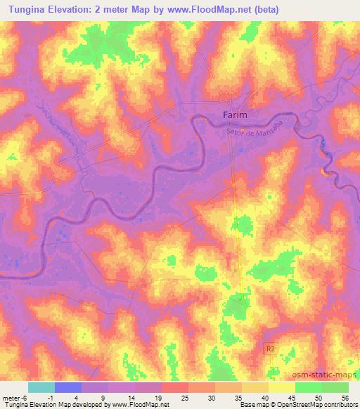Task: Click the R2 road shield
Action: click(x=269, y=348)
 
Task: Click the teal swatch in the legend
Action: click(x=41, y=387)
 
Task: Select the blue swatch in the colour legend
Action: click(x=68, y=387)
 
